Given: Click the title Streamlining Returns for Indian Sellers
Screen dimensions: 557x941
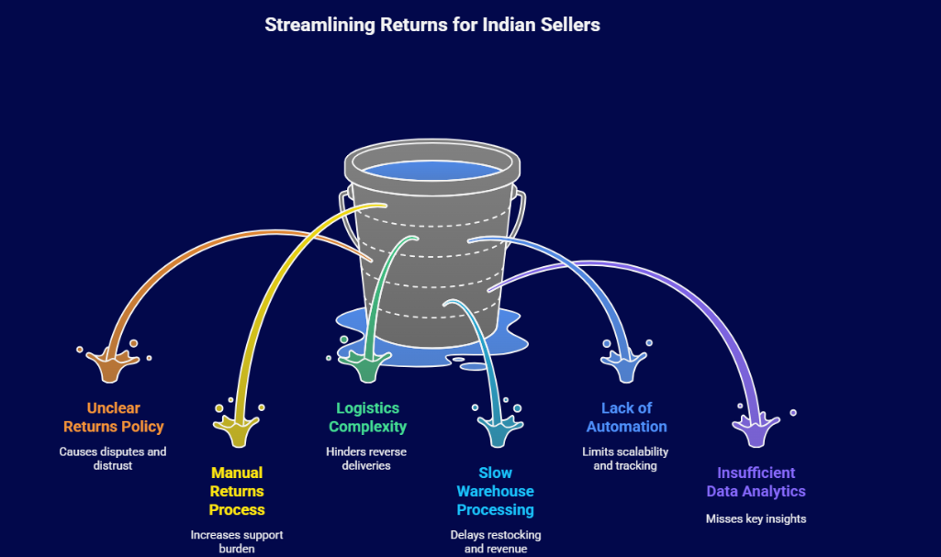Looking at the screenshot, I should click(432, 25).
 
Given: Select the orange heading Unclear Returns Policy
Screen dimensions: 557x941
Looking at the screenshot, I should click(114, 418).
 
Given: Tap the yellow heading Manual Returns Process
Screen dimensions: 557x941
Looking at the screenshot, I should click(237, 491).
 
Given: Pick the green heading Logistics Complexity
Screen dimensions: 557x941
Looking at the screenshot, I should click(367, 418).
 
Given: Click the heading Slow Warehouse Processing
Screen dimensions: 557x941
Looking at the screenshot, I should click(495, 491).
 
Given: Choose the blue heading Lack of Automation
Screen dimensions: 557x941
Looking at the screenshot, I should click(627, 418).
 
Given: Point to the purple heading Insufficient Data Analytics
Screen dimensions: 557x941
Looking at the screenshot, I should click(756, 482).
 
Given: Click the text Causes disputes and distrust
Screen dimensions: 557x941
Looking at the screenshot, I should click(113, 459).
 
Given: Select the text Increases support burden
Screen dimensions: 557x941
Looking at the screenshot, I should click(237, 541).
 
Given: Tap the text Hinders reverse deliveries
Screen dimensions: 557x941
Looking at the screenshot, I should click(366, 459).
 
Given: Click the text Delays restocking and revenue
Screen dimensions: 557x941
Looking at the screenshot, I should click(496, 541).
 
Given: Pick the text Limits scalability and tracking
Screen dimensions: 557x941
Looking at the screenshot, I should click(625, 459).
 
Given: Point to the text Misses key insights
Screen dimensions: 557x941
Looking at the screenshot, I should click(756, 518).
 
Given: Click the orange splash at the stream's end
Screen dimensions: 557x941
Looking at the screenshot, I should click(109, 365).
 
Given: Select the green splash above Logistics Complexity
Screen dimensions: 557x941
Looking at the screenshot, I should click(366, 365).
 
